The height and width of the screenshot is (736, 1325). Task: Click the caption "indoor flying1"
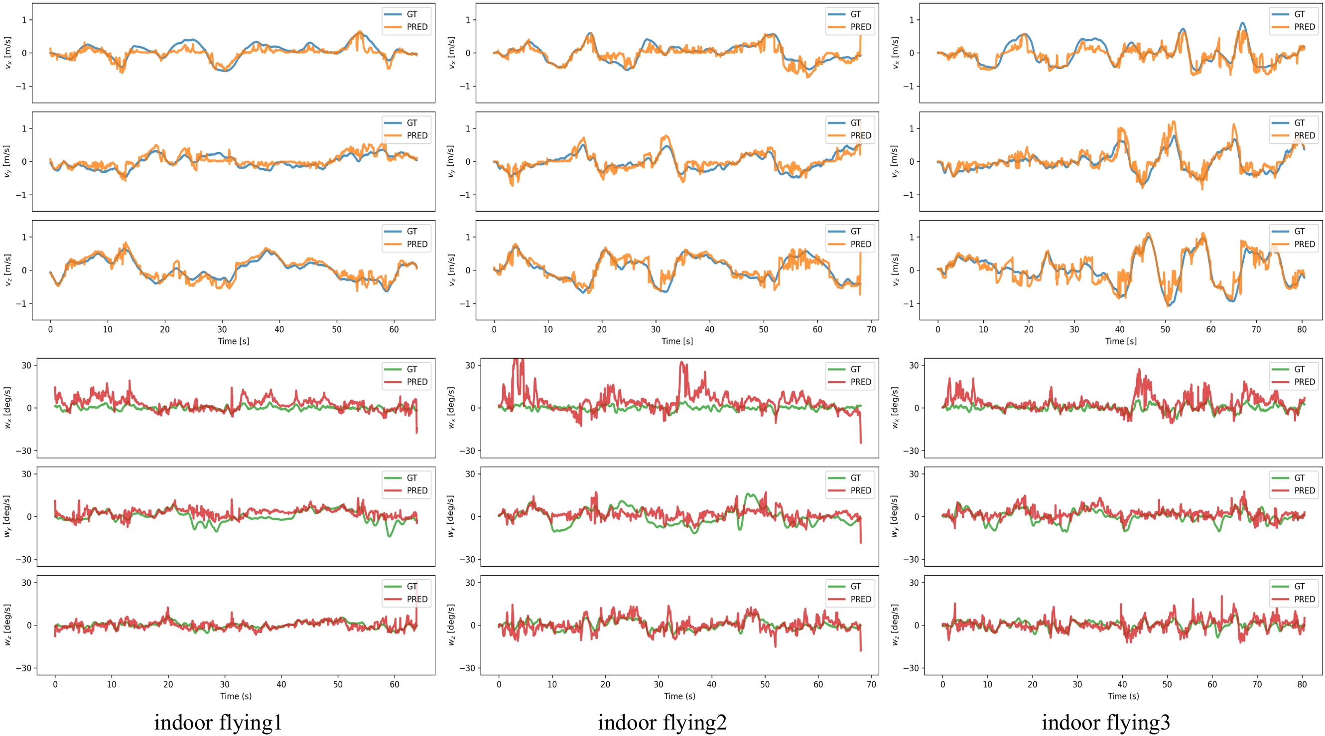[218, 722]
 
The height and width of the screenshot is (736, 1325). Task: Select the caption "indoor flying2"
[662, 722]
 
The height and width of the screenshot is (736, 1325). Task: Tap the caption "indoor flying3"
[1106, 722]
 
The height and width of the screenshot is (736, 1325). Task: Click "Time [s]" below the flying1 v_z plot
[233, 341]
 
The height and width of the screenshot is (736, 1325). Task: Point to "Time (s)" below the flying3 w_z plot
[1123, 696]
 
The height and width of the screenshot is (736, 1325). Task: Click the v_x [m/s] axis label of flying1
[7, 52]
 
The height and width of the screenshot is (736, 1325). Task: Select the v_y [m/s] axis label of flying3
[895, 161]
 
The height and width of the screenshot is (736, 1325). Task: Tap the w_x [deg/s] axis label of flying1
[7, 407]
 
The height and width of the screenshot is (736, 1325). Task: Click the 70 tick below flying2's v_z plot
[871, 329]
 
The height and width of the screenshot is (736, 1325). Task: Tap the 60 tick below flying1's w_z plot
[394, 684]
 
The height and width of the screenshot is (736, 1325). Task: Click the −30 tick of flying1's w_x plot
[23, 451]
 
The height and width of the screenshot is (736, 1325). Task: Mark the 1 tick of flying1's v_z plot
[24, 237]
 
